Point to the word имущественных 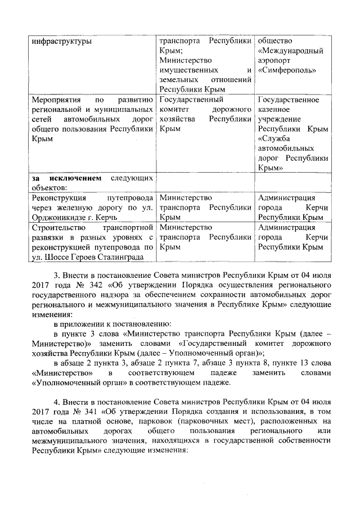coord(188,70)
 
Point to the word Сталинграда coord(119,257)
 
